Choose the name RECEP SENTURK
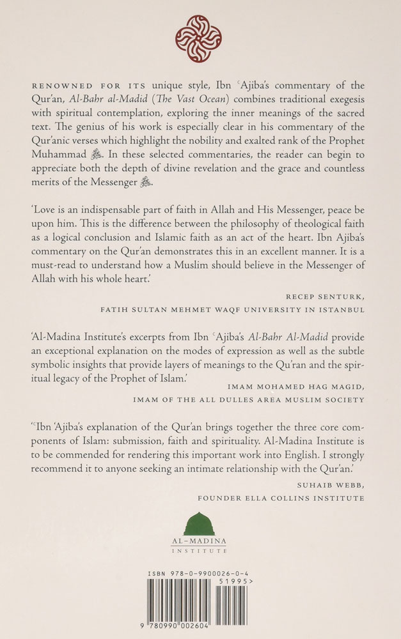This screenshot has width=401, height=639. coord(330,297)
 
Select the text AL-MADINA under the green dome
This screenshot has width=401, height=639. coord(199,541)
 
